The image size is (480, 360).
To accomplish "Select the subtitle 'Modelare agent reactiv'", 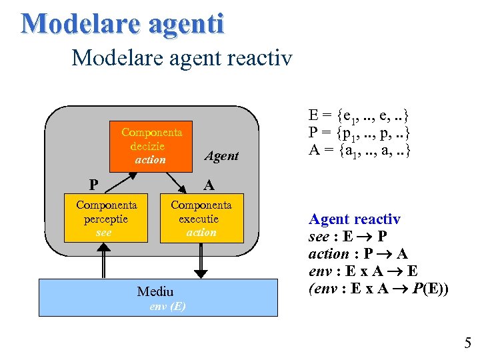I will pyautogui.click(x=181, y=58).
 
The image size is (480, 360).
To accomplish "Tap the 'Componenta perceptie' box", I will pyautogui.click(x=105, y=218).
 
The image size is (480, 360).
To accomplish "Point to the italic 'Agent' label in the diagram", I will pyautogui.click(x=221, y=156).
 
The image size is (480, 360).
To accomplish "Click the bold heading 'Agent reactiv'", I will pyautogui.click(x=354, y=219).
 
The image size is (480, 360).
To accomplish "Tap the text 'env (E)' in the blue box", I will pyautogui.click(x=168, y=307).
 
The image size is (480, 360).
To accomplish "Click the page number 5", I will pyautogui.click(x=467, y=343).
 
